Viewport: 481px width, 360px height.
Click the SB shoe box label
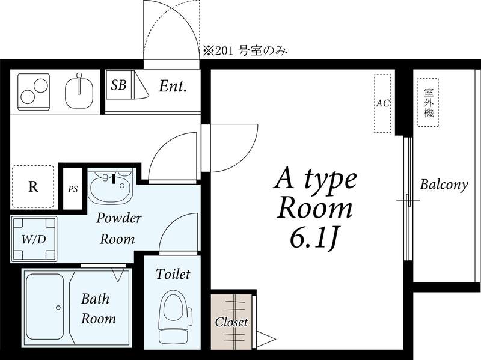tap(118, 85)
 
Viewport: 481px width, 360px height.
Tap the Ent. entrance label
tap(173, 86)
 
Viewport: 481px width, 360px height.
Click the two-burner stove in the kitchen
tap(34, 92)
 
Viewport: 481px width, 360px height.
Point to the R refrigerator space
tap(33, 186)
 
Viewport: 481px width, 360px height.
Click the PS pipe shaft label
tap(73, 189)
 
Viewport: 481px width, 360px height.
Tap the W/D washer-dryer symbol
tap(34, 239)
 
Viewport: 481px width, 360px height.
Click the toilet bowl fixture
tap(174, 317)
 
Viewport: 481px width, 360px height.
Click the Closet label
tap(231, 322)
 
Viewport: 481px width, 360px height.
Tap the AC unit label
tap(382, 103)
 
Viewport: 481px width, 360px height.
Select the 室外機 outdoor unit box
tap(428, 102)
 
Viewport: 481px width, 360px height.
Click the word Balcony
tap(444, 185)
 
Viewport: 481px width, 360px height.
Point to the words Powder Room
tap(118, 228)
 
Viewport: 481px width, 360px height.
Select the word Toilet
tap(173, 274)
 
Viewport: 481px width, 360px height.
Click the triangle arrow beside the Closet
tap(266, 339)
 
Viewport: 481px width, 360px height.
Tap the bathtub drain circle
tap(58, 308)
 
